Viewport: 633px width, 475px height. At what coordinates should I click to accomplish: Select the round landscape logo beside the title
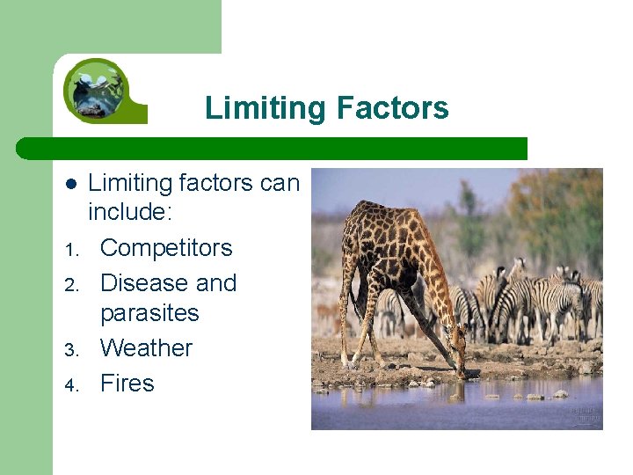pos(96,89)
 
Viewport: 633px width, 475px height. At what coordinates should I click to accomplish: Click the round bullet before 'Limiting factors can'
pos(71,184)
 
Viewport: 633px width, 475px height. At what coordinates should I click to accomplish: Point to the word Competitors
pos(166,248)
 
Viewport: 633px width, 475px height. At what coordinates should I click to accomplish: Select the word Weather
pos(146,348)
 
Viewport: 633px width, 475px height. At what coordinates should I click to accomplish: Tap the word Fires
pos(127,384)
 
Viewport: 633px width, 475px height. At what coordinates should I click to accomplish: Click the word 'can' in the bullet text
pos(280,183)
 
